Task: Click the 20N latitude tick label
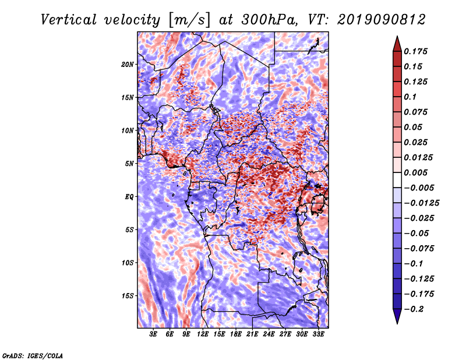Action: click(128, 65)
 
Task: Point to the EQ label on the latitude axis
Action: click(129, 197)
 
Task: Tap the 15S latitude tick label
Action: click(128, 296)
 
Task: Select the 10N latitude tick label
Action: click(128, 130)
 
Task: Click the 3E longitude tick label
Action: click(153, 334)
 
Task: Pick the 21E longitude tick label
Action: click(252, 334)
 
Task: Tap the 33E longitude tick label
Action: click(318, 334)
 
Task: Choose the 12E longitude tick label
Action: click(203, 334)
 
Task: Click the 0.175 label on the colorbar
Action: click(415, 51)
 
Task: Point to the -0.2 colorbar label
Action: click(414, 309)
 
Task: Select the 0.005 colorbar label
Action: click(415, 172)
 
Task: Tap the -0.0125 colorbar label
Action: click(421, 203)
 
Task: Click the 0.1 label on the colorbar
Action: click(410, 97)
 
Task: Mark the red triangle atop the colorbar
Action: click(397, 44)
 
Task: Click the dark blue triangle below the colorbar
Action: click(397, 316)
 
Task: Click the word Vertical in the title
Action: click(69, 20)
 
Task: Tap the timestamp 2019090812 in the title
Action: click(382, 20)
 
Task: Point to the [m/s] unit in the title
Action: click(189, 20)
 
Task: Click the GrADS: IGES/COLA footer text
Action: click(33, 355)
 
